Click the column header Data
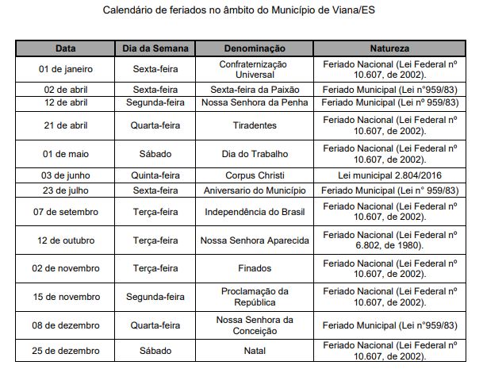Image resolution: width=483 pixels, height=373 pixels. click(66, 48)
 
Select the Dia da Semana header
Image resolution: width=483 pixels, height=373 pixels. click(155, 48)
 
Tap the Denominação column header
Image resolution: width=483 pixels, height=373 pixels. click(255, 48)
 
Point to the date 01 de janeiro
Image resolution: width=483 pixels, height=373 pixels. click(66, 68)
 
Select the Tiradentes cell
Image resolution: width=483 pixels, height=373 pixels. click(255, 125)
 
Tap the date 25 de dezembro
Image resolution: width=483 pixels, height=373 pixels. click(66, 351)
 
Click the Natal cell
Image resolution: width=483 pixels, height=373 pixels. click(255, 351)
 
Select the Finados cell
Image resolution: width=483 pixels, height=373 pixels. click(255, 268)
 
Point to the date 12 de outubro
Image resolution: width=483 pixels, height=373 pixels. click(66, 240)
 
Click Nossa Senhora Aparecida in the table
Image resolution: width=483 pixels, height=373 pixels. click(255, 240)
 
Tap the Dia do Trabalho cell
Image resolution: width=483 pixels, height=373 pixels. click(255, 153)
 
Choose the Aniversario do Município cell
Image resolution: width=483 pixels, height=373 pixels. click(255, 190)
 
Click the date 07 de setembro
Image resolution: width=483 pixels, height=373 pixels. click(66, 211)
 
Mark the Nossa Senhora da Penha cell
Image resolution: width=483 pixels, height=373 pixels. click(255, 104)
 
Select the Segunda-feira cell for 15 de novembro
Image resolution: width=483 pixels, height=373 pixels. click(155, 297)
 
